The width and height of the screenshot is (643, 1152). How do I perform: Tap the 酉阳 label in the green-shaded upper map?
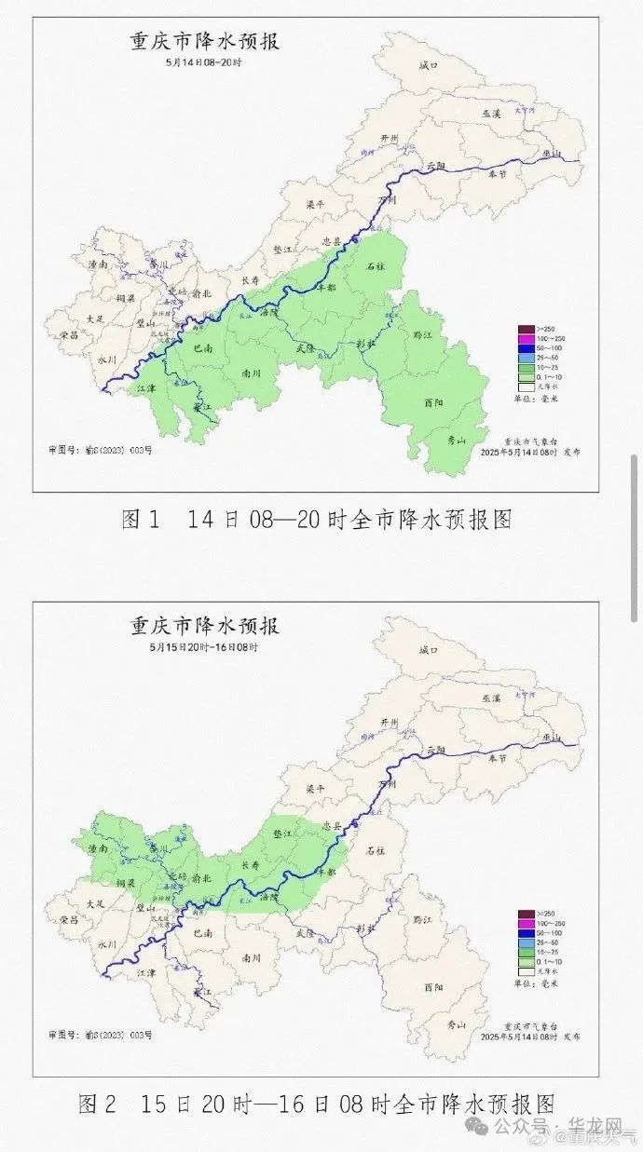tap(433, 403)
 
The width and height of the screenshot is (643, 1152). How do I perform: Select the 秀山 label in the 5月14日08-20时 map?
tap(455, 440)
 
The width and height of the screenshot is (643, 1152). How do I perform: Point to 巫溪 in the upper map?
tap(491, 113)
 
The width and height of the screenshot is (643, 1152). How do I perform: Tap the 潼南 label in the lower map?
tap(97, 849)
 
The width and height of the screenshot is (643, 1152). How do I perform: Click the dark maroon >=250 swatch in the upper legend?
tap(525, 329)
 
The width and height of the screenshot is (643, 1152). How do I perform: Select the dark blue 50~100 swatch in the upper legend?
tap(525, 347)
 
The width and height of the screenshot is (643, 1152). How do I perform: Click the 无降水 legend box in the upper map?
tap(525, 385)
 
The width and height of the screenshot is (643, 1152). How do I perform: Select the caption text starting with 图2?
tap(317, 1105)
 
